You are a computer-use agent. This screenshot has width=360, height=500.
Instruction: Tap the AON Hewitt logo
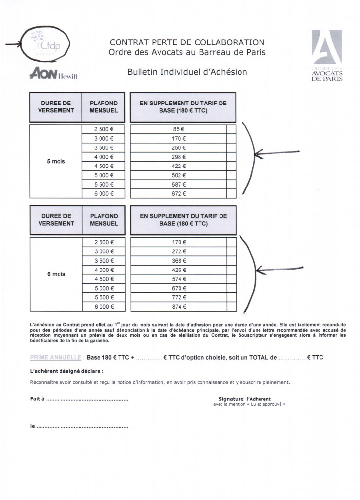(x=54, y=74)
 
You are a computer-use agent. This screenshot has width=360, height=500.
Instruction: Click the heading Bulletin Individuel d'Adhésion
(x=187, y=72)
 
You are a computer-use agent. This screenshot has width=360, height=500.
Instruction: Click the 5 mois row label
(x=56, y=161)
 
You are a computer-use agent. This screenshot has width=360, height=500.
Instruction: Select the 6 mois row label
(x=56, y=274)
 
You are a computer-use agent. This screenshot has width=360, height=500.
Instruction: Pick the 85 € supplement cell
(x=179, y=129)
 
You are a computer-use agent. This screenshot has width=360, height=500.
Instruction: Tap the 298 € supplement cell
(x=179, y=157)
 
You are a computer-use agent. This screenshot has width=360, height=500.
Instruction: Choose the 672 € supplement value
(x=179, y=193)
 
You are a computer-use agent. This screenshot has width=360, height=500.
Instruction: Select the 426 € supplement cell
(x=179, y=270)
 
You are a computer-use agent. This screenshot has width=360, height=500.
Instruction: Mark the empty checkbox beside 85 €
(x=231, y=129)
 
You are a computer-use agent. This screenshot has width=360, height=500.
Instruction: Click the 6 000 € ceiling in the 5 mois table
(x=104, y=193)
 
